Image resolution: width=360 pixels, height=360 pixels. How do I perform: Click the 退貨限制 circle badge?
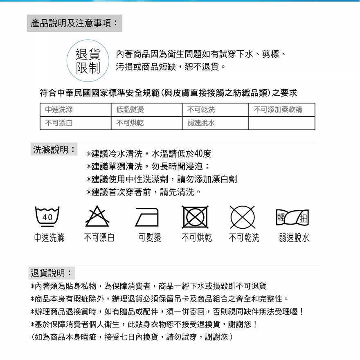(88, 61)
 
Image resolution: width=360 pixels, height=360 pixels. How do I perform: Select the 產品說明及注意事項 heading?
(74, 23)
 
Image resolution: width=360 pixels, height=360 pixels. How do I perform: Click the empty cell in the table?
(281, 123)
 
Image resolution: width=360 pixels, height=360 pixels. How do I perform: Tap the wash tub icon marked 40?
(48, 216)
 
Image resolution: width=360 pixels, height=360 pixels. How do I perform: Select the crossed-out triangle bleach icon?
(97, 216)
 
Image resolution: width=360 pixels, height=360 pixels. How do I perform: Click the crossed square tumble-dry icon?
(196, 217)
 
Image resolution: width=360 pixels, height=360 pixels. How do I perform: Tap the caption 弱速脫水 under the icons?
(294, 238)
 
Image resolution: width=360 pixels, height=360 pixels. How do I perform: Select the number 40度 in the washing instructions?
(203, 154)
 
